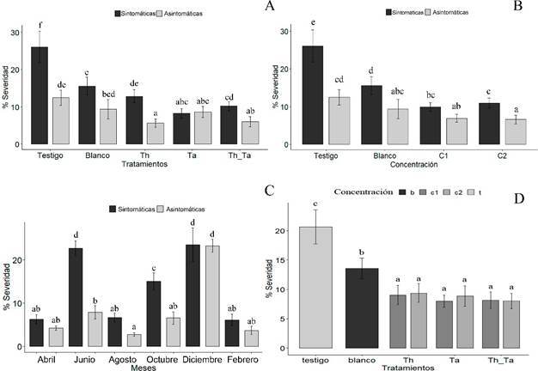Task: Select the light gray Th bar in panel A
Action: pyautogui.click(x=156, y=133)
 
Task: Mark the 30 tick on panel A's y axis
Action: pyautogui.click(x=15, y=33)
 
